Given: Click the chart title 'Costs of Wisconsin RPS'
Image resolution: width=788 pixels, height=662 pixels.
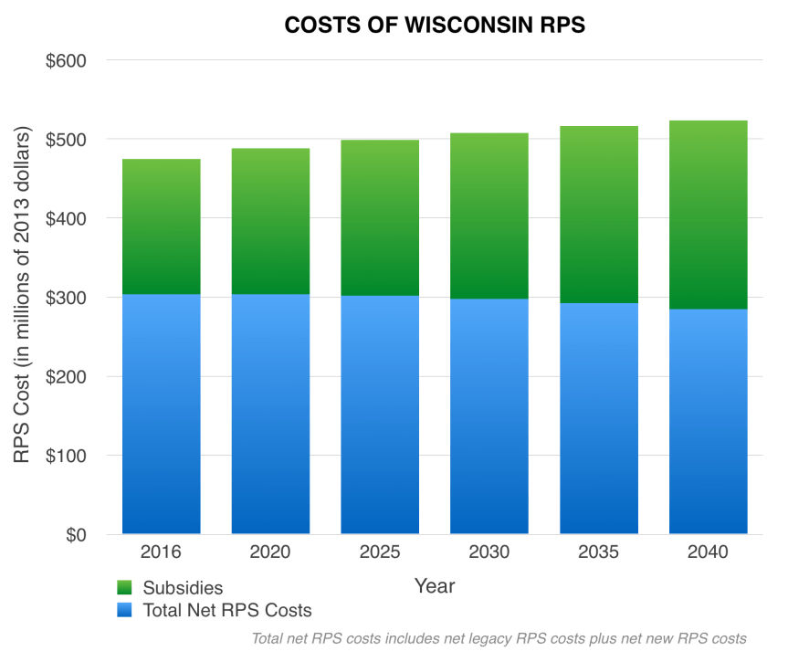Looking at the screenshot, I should (435, 26).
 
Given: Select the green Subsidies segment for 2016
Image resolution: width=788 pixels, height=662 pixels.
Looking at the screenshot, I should (162, 226).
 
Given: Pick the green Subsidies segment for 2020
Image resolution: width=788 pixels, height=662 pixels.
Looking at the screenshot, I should (270, 221).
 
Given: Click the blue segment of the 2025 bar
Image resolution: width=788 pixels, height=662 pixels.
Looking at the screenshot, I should (380, 415).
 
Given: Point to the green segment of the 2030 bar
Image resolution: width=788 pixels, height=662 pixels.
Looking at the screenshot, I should (489, 215).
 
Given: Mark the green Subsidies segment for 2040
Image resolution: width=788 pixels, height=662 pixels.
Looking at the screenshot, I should (709, 215).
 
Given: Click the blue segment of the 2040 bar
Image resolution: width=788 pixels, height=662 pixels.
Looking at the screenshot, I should (709, 421).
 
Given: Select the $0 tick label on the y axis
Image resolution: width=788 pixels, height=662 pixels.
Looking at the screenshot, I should (75, 535).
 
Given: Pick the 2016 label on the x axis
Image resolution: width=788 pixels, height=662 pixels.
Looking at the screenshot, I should (162, 552).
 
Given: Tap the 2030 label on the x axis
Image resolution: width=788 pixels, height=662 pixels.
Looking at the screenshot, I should (489, 552).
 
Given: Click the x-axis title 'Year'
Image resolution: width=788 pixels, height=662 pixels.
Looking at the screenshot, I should (435, 584).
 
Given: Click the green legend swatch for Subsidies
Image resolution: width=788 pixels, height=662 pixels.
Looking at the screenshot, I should (126, 588).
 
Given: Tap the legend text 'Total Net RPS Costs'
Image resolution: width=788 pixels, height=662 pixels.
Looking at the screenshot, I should (227, 610).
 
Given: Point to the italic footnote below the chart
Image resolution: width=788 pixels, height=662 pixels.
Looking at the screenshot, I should (499, 638).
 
